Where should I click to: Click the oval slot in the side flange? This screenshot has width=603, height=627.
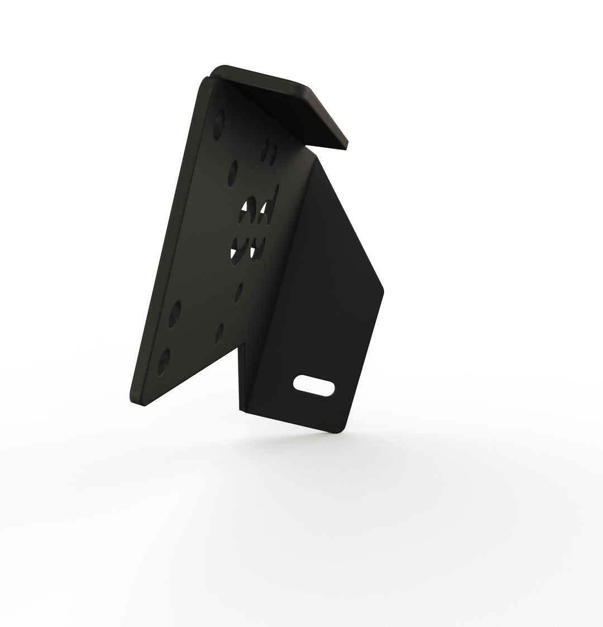(314, 385)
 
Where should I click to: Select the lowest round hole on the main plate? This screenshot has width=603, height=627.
(164, 363)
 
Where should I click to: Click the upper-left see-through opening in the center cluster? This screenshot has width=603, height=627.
(245, 212)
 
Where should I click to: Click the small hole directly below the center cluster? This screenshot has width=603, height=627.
(238, 291)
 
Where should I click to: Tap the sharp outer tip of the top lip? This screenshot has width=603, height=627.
(347, 146)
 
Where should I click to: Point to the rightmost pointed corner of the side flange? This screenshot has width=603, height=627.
(384, 290)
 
